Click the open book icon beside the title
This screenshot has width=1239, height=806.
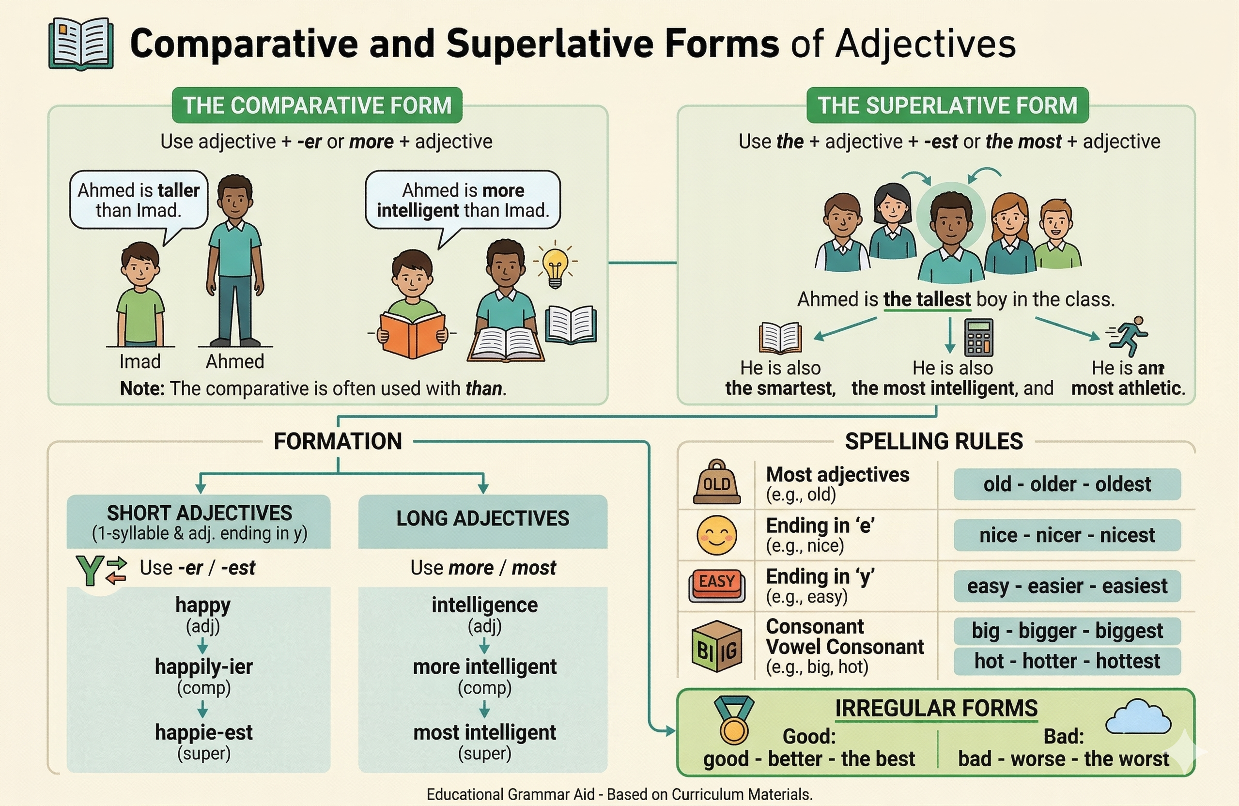pyautogui.click(x=81, y=44)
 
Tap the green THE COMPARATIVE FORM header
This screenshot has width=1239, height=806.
pyautogui.click(x=317, y=105)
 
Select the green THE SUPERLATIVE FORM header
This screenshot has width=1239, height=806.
pyautogui.click(x=947, y=105)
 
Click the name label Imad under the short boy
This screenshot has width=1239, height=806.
pyautogui.click(x=139, y=361)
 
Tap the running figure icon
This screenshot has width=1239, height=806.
pyautogui.click(x=1128, y=336)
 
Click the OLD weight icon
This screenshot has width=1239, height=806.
pyautogui.click(x=716, y=482)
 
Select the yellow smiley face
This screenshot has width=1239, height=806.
pyautogui.click(x=716, y=535)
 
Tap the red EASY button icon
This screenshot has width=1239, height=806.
pyautogui.click(x=717, y=586)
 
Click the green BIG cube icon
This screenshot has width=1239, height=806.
pyautogui.click(x=717, y=646)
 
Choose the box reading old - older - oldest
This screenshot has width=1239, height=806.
pyautogui.click(x=1067, y=484)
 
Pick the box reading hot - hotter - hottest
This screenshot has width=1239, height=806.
pyautogui.click(x=1067, y=661)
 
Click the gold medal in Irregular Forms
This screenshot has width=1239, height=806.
pyautogui.click(x=734, y=721)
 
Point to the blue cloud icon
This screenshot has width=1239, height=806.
pyautogui.click(x=1137, y=718)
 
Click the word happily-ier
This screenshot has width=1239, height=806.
pyautogui.click(x=203, y=666)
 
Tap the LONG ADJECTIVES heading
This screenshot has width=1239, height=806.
pyautogui.click(x=482, y=519)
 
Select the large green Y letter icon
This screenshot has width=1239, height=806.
pyautogui.click(x=89, y=571)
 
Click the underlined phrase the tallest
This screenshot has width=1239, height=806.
pyautogui.click(x=927, y=299)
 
